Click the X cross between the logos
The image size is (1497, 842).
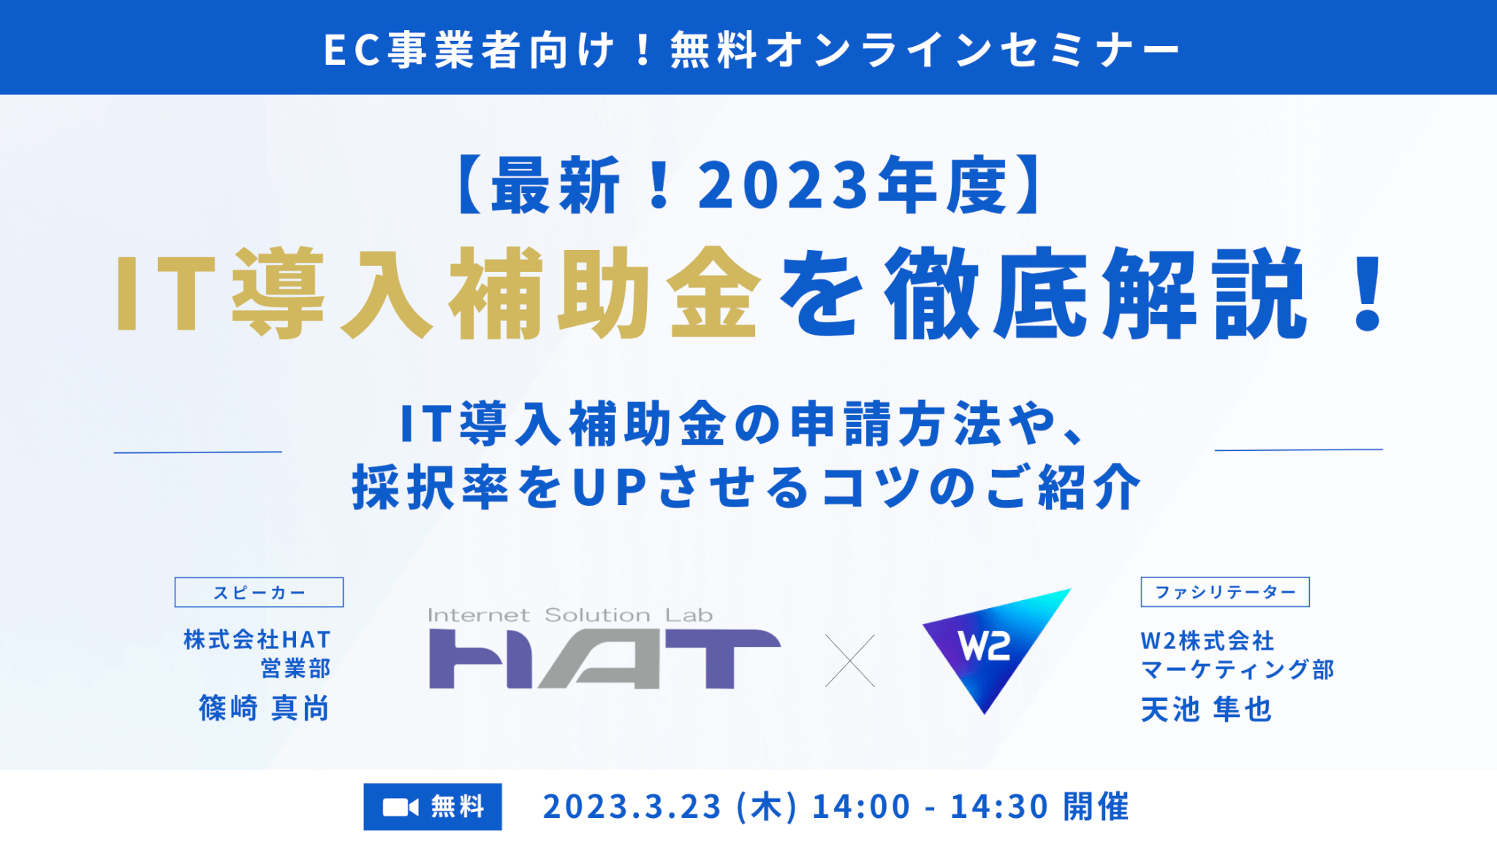850,661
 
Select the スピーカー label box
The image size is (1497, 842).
259,592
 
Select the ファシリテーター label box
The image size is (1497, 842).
1225,592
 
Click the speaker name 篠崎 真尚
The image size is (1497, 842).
264,708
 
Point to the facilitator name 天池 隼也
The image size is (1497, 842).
1207,709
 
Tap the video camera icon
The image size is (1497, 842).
401,807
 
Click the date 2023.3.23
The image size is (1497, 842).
632,806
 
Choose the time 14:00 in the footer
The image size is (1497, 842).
861,806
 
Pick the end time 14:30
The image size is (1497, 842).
999,806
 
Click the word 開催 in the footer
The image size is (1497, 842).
1096,806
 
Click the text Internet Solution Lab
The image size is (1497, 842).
570,615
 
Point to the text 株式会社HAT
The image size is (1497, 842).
257,640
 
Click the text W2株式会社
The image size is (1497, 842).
1208,641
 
